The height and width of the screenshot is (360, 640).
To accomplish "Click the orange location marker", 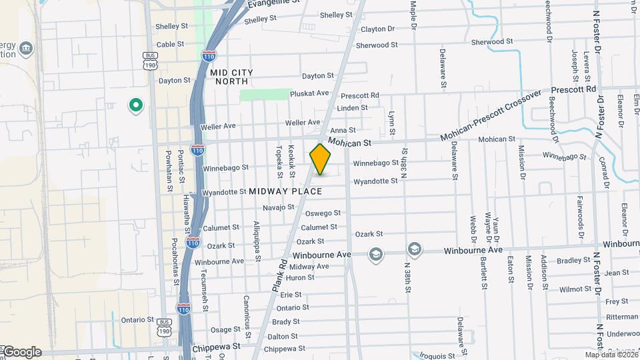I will tap(321, 159).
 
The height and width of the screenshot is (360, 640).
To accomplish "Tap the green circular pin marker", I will tap(136, 105).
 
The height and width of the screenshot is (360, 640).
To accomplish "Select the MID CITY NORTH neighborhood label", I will tap(232, 76).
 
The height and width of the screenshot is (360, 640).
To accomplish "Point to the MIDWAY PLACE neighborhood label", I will tap(286, 191).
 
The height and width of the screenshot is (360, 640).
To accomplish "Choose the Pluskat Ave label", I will tap(309, 93).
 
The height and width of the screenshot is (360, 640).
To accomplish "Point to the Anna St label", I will tap(343, 131).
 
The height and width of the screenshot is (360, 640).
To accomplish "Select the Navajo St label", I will tap(279, 207).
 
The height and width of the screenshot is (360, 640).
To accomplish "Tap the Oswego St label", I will tap(323, 213).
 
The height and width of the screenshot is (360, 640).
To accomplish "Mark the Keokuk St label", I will tap(292, 161).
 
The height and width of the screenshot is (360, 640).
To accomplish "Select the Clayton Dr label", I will tap(377, 29).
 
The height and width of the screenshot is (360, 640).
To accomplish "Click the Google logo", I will tap(21, 352).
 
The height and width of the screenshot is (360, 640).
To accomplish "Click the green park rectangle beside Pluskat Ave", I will tap(264, 95).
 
